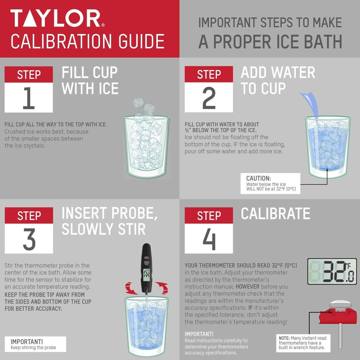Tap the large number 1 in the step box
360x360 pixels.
pos(29,98)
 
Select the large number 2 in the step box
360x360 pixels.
pos(209,98)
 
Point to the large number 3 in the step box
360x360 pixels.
pos(29,239)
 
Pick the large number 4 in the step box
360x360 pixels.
pos(209,239)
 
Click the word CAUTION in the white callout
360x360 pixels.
pos(258,178)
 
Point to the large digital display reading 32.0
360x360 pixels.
pos(332,272)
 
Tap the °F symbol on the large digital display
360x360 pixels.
pos(348,265)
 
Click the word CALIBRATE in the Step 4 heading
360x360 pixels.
pos(275,214)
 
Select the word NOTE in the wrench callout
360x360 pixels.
pos(284,338)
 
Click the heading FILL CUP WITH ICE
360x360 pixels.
pos(90,81)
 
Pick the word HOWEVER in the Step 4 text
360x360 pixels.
pos(247,286)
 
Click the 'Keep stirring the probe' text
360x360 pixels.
pos(33,347)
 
